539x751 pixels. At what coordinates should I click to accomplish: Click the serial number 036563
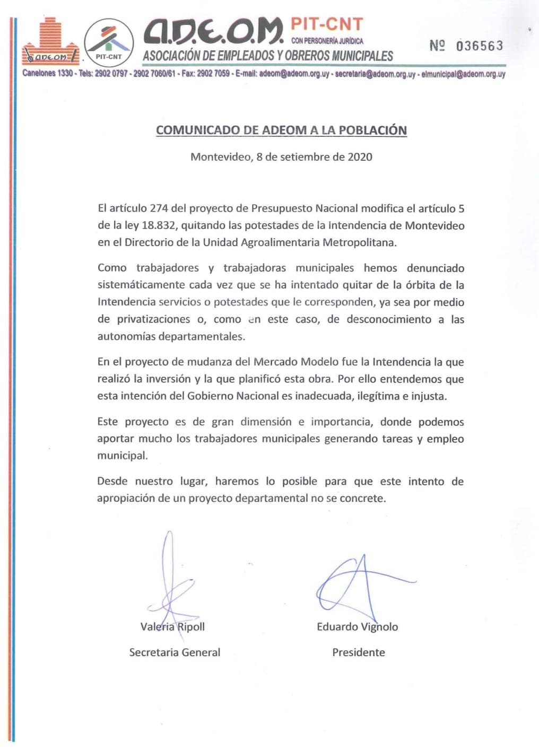click(479, 46)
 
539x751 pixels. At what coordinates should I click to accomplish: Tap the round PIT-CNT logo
click(109, 42)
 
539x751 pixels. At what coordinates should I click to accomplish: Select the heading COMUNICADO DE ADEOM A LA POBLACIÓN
click(281, 130)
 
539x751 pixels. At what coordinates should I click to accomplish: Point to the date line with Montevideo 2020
click(281, 157)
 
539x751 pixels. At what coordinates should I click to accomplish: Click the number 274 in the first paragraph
click(159, 208)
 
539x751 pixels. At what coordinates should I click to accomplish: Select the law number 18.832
click(158, 225)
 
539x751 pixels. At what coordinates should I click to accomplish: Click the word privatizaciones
click(153, 319)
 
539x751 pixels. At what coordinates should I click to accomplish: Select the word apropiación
click(126, 499)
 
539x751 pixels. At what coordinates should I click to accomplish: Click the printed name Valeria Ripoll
click(172, 627)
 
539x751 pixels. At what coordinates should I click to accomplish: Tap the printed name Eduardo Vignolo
click(357, 627)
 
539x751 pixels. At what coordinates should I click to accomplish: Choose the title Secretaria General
click(175, 652)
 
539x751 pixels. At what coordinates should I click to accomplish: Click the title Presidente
click(359, 652)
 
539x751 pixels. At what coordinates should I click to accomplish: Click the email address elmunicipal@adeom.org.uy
click(463, 74)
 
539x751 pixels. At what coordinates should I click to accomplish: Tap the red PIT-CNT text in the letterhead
click(327, 24)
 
